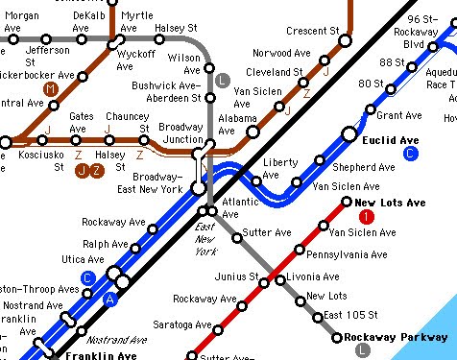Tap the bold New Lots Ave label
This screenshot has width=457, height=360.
pos(389,204)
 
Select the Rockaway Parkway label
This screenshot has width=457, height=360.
pos(397,336)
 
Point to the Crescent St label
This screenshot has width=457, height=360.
pos(313,33)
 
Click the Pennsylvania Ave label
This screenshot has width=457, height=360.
pos(347,256)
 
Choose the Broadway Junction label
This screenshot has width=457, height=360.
pos(180,133)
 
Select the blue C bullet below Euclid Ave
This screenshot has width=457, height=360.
pos(411,154)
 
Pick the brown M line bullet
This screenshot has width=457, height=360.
pos(51,89)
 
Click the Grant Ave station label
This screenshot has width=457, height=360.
pos(398,115)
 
